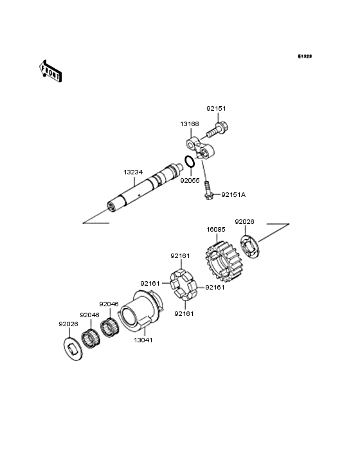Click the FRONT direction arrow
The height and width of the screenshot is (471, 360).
(x=51, y=71)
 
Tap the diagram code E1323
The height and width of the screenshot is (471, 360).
(x=305, y=56)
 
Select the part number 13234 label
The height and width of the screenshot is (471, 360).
(x=133, y=172)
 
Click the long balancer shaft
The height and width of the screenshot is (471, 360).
(x=145, y=188)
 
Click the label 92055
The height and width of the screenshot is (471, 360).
(x=190, y=181)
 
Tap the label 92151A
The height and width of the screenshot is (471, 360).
(x=233, y=195)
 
